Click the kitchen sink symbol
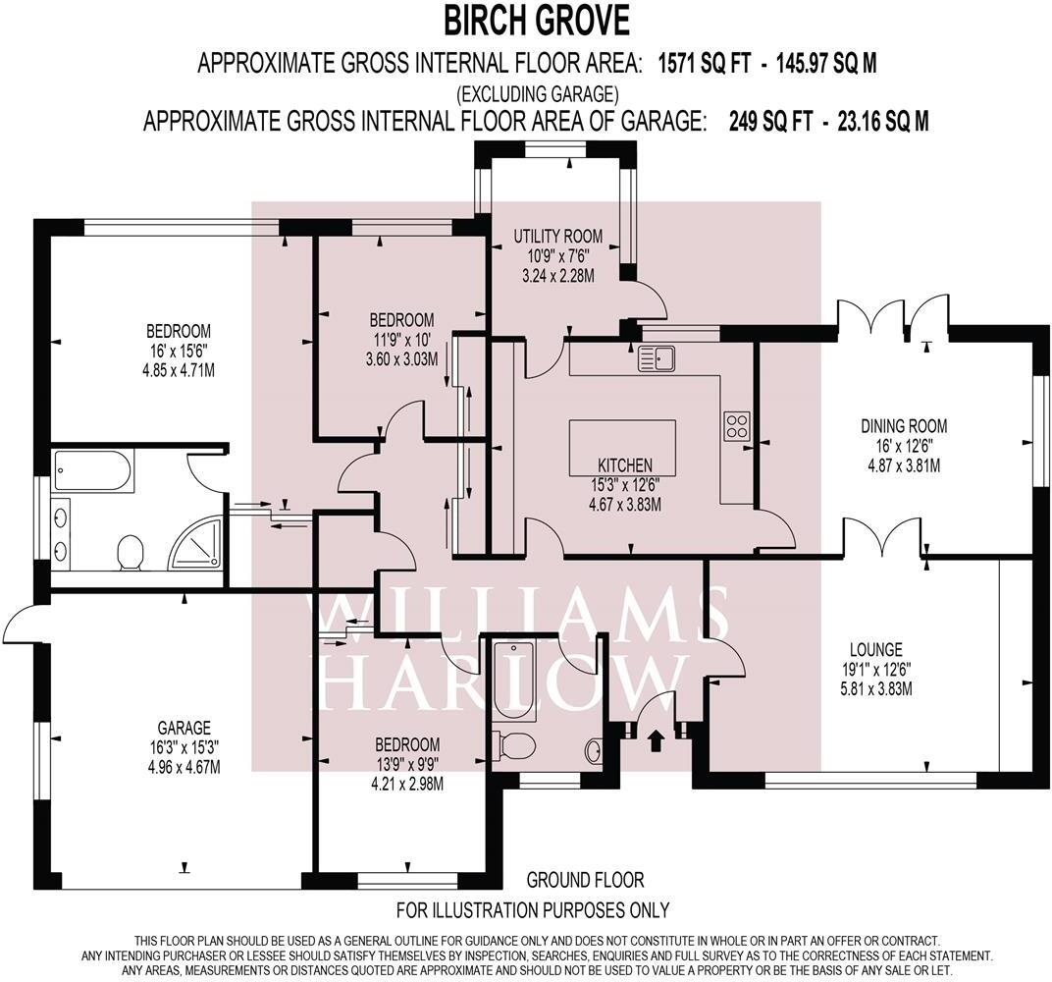coord(657,358)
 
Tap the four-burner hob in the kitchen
coord(737,425)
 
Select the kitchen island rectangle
coord(622,447)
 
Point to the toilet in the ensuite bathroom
coord(131,552)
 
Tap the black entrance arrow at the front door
coord(657,740)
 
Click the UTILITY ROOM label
coord(558,237)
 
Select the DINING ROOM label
coord(904,425)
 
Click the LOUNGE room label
coord(876,649)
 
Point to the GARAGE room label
coord(184,728)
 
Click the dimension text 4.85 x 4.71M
coord(179,369)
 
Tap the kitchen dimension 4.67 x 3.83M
coord(624,504)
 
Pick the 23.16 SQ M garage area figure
coord(883,122)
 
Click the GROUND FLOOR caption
coord(585,879)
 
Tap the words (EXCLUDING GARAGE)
coord(538,92)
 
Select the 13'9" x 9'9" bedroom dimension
coord(407,763)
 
